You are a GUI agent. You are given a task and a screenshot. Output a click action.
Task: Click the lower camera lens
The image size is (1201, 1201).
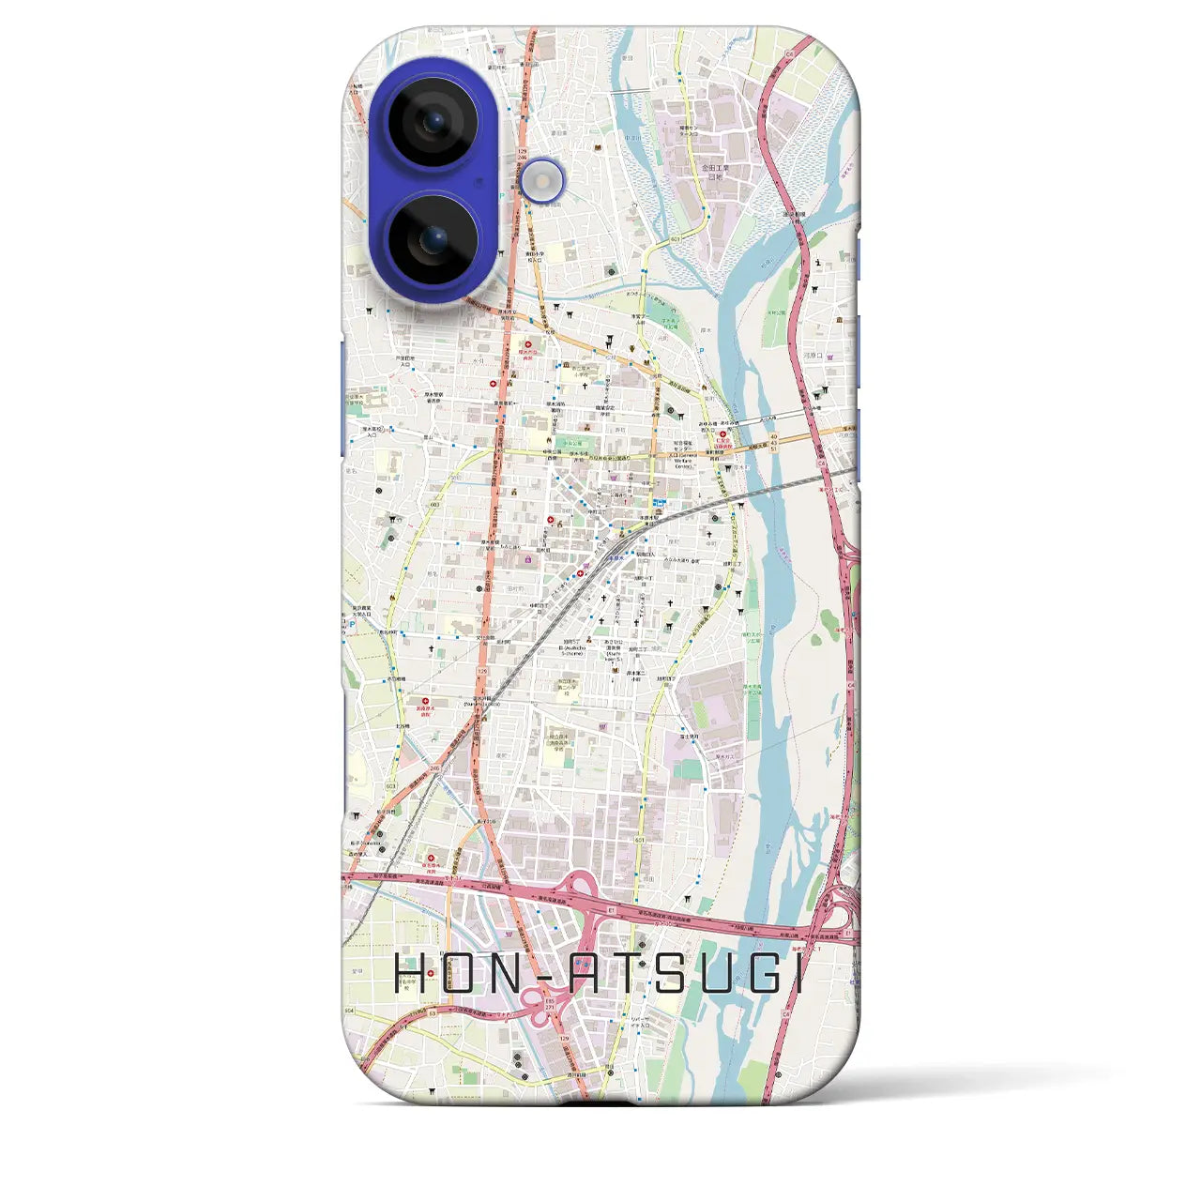point(433,239)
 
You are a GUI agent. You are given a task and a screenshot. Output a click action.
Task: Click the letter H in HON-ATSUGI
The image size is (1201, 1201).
point(410,974)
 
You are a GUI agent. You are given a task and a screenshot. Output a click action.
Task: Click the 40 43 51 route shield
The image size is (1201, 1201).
point(773,443)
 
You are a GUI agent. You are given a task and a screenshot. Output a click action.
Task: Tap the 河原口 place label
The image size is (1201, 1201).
point(813,356)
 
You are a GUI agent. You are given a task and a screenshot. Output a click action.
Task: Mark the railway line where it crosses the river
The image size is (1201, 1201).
point(771,490)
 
